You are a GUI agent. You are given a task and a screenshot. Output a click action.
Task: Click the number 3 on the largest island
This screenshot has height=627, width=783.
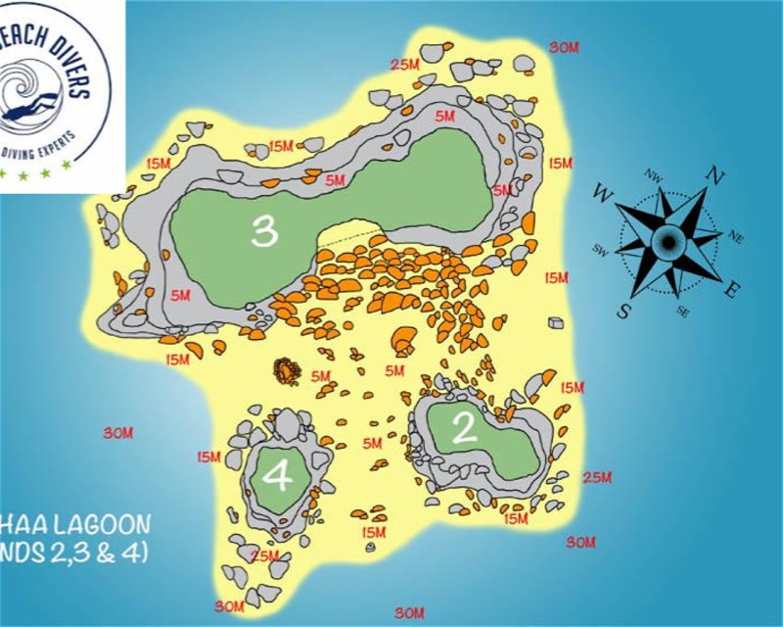pos(264,230)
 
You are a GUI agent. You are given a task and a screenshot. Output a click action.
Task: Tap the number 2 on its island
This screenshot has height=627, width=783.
pos(464,429)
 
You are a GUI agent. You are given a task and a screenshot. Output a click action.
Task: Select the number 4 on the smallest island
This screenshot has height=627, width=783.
pos(278,477)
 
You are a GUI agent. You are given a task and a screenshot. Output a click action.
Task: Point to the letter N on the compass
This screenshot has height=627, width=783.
pos(714,176)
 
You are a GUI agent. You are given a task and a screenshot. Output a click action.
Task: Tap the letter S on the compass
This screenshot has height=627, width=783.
pos(624,311)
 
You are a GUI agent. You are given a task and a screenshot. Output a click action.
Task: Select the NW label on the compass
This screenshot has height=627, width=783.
pos(653,175)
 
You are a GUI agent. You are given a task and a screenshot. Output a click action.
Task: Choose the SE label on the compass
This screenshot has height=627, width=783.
pos(681,312)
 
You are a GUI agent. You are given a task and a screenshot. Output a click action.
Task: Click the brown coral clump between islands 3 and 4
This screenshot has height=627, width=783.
pos(286,369)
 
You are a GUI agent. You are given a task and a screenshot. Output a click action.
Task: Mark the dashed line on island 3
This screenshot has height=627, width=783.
pos(349,238)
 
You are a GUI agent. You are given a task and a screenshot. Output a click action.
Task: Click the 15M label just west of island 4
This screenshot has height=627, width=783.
pos(208,457)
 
